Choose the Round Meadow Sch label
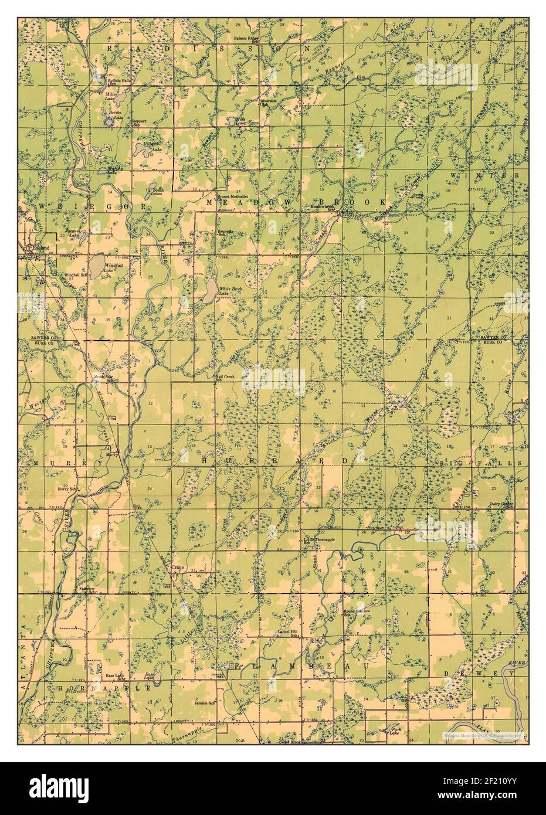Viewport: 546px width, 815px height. pyautogui.click(x=355, y=613)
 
